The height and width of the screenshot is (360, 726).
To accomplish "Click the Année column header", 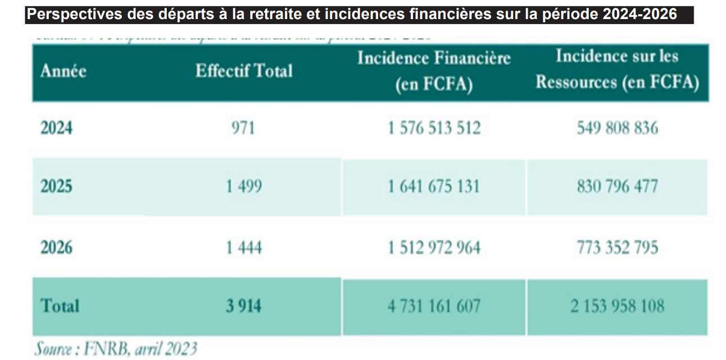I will coord(63,72).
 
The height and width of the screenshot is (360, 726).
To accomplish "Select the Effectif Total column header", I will coord(244,71).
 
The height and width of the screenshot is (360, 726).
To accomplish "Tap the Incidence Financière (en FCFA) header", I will coord(434,71).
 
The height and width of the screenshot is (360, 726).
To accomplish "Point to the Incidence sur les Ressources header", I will coord(617,70).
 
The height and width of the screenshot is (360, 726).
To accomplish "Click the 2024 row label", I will coord(57,129).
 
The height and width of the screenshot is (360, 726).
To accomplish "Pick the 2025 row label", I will coord(57,186).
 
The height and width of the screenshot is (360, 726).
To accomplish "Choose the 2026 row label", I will coord(57,247).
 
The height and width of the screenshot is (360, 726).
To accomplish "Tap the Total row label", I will coord(60,306).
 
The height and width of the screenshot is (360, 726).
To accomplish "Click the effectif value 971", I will coord(243,129).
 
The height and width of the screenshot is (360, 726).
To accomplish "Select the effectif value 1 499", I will coord(244,186).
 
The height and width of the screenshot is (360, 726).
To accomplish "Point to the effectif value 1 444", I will coord(244,247).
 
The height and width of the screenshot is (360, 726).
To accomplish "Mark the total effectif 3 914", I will coord(244,306).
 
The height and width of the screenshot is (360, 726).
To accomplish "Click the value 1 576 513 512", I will coord(434,129).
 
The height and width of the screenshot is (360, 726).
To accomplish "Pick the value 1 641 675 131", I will coord(434,186).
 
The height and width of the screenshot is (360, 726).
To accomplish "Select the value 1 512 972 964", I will coord(434,247).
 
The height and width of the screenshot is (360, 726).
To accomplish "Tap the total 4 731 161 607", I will coord(434,306).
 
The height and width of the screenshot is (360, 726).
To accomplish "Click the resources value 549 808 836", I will coord(617,129).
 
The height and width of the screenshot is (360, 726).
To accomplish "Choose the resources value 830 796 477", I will coord(617,186).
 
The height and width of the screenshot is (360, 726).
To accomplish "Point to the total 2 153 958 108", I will coord(617,306).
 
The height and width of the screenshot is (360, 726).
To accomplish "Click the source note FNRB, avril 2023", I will coord(116,349).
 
